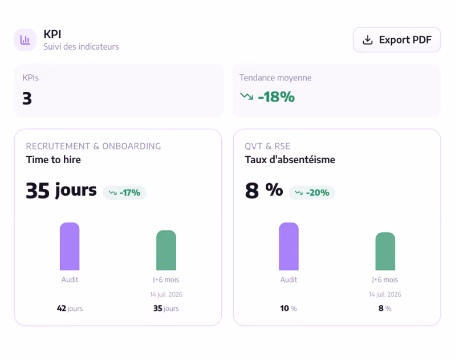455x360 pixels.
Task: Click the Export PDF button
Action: (397, 40)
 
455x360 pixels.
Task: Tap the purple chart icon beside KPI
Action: (25, 40)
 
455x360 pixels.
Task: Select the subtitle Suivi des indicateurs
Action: (81, 47)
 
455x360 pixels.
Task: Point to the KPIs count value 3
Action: (27, 99)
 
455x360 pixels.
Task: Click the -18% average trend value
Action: (276, 97)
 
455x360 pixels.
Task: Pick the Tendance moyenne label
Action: (275, 78)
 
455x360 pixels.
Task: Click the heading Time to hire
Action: (54, 160)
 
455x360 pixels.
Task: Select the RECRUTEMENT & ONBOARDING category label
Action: (94, 146)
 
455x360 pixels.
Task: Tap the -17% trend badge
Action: (124, 192)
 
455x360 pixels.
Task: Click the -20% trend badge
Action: (312, 192)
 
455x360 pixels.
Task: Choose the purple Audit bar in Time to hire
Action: (70, 246)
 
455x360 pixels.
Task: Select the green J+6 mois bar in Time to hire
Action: (166, 250)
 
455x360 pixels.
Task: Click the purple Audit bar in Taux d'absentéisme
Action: (289, 246)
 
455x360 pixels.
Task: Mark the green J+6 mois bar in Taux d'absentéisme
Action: (385, 252)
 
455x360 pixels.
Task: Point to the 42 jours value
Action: (70, 308)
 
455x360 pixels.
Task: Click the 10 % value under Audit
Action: (289, 308)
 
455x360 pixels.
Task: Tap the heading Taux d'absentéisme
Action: (290, 160)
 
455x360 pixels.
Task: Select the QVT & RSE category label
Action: (267, 146)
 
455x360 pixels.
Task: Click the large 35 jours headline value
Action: (61, 191)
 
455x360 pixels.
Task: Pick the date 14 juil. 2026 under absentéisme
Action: (385, 294)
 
